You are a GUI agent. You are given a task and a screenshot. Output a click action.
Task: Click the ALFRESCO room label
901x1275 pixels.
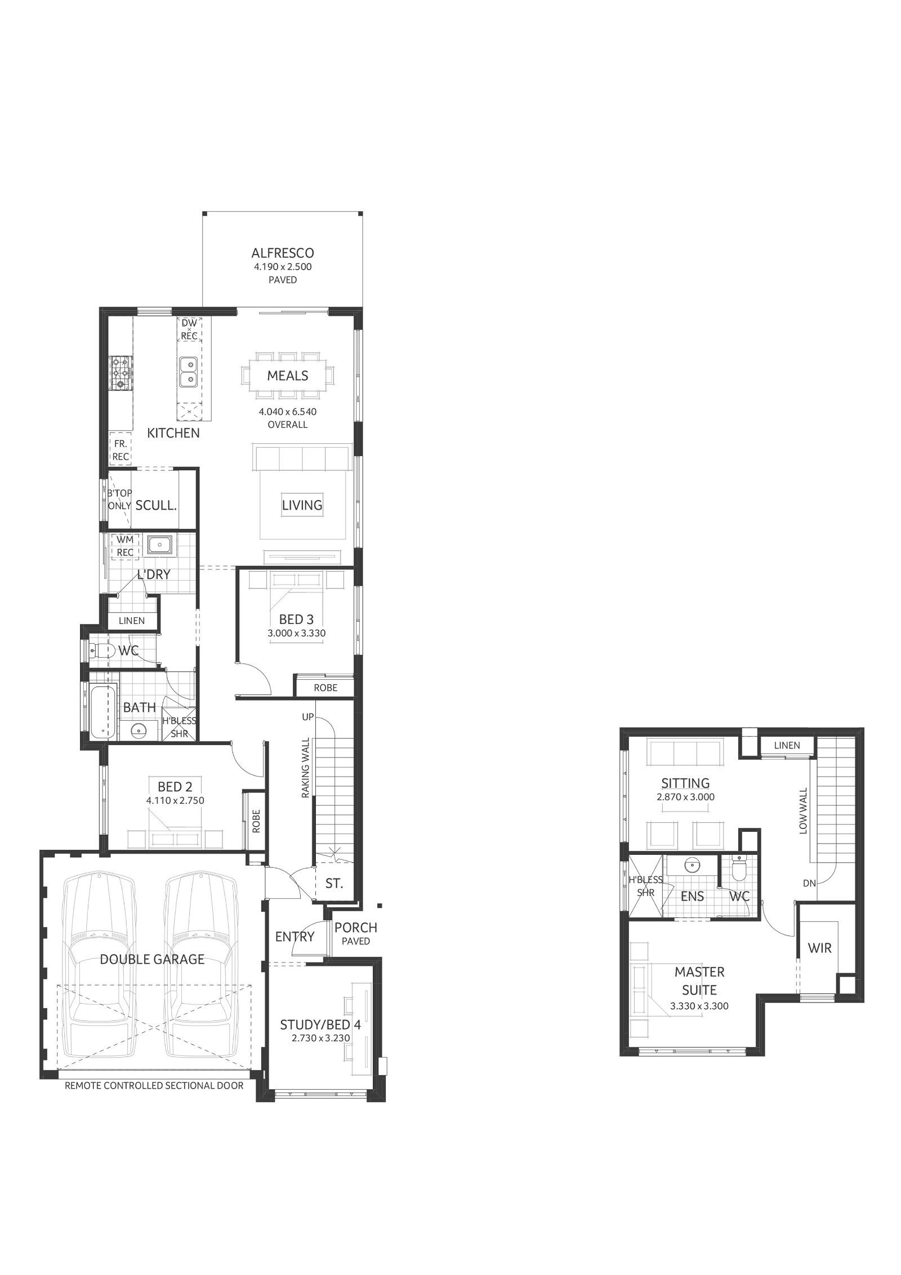click(282, 253)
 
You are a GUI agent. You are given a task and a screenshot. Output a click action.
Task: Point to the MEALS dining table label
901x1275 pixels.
click(287, 376)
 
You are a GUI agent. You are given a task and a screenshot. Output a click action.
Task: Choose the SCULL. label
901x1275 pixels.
click(156, 505)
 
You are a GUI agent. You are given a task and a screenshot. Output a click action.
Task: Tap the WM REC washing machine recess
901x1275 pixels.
click(125, 546)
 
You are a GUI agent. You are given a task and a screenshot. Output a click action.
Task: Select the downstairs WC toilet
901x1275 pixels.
click(101, 651)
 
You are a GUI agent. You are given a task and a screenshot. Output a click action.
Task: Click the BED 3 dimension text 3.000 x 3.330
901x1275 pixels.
click(296, 633)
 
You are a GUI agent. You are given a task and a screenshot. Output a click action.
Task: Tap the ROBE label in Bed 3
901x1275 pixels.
click(325, 688)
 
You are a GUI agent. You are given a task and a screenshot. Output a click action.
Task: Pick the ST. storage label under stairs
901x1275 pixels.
click(334, 884)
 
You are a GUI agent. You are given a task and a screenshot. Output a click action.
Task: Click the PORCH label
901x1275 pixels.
click(355, 927)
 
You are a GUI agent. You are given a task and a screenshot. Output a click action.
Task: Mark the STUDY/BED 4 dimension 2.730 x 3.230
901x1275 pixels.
click(320, 1036)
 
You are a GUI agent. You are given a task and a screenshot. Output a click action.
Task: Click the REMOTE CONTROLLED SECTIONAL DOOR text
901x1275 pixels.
click(154, 1085)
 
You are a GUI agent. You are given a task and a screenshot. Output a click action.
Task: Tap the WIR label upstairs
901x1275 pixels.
click(819, 948)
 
